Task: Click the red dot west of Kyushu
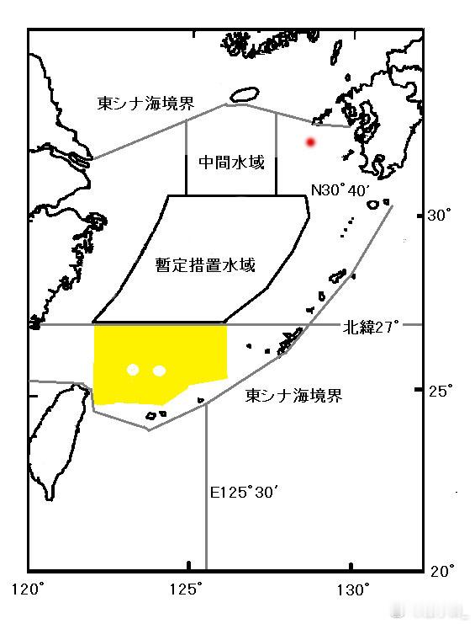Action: click(310, 142)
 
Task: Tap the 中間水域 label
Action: click(231, 163)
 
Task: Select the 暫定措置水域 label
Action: click(206, 265)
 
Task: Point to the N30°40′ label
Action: click(340, 190)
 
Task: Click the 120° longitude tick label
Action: click(29, 588)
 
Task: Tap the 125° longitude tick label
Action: click(190, 588)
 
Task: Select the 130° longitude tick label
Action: click(351, 588)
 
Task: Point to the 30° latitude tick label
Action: click(440, 216)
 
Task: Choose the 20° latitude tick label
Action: click(440, 571)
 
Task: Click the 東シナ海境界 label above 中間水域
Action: click(146, 104)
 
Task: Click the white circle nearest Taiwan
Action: click(132, 370)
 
